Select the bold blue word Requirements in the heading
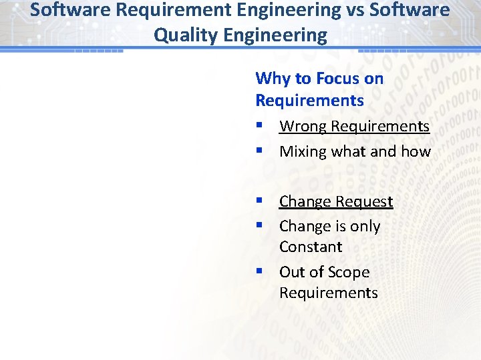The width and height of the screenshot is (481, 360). (x=309, y=101)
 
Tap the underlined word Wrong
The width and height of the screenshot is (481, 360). (x=303, y=126)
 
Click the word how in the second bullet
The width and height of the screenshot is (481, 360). (x=416, y=151)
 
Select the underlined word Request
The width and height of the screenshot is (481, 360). (x=364, y=201)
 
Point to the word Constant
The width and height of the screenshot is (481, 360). (x=311, y=247)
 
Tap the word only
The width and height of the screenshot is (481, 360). (x=365, y=227)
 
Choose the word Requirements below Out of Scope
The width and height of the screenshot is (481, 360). (x=328, y=293)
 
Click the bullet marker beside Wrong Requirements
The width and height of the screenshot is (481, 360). (x=259, y=126)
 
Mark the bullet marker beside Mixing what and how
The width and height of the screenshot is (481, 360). (x=259, y=151)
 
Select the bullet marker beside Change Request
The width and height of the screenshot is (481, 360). (x=259, y=201)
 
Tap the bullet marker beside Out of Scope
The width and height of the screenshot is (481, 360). (x=259, y=272)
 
